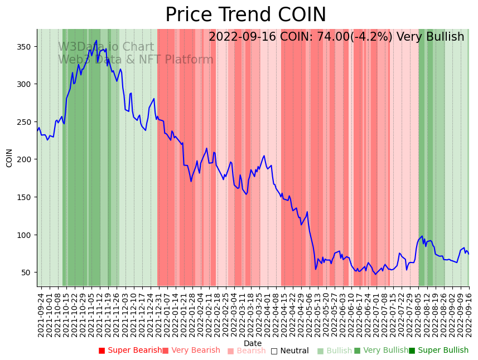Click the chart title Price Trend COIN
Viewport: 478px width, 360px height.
245,15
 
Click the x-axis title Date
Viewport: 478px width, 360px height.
253,343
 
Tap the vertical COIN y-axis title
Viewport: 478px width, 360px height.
9,158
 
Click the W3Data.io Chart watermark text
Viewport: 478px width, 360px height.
106,47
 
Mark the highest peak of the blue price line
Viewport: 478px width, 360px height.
96,40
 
